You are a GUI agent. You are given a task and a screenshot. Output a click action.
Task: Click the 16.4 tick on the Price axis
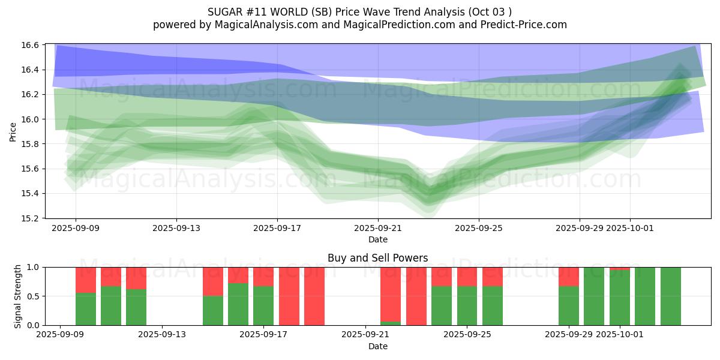click(32, 70)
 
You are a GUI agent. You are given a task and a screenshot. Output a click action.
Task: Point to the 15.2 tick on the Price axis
click(32, 218)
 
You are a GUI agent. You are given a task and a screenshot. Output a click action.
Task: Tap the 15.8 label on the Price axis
click(32, 144)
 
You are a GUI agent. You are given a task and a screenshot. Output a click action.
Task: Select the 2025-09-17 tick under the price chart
click(277, 228)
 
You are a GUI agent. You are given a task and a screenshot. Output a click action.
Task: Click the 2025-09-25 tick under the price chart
click(479, 228)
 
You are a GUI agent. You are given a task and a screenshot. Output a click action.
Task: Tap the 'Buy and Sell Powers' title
click(377, 258)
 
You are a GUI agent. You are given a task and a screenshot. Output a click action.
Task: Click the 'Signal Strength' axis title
click(18, 296)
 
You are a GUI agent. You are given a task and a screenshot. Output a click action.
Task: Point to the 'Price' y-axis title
click(13, 131)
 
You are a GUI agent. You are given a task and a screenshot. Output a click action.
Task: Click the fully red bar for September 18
click(289, 296)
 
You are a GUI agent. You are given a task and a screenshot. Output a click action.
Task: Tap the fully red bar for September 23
click(416, 296)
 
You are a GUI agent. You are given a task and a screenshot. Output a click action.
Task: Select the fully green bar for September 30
click(594, 296)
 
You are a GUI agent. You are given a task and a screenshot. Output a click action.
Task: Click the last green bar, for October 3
click(670, 296)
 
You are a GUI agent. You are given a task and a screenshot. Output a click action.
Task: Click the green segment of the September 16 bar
click(238, 304)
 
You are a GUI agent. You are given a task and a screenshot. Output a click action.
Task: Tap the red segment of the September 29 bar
click(569, 277)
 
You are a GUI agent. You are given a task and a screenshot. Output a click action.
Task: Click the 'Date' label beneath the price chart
click(377, 239)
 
